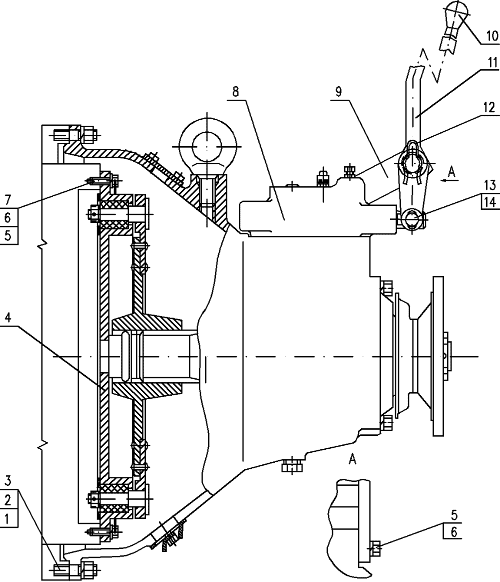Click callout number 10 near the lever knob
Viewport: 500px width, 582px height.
(492, 36)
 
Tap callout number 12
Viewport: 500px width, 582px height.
(489, 107)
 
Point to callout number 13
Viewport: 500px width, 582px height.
(489, 184)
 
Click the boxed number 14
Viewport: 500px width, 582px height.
(489, 202)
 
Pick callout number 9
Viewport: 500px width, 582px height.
(338, 92)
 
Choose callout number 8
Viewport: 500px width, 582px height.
(236, 92)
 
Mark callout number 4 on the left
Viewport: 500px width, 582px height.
(8, 318)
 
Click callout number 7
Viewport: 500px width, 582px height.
(8, 200)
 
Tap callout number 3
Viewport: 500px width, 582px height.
(8, 481)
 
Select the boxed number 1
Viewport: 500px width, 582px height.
(8, 518)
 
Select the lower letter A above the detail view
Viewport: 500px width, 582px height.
(352, 459)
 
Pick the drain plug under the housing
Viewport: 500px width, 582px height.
(292, 465)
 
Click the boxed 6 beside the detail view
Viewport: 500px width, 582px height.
(453, 532)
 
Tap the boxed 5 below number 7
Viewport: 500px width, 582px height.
(8, 235)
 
